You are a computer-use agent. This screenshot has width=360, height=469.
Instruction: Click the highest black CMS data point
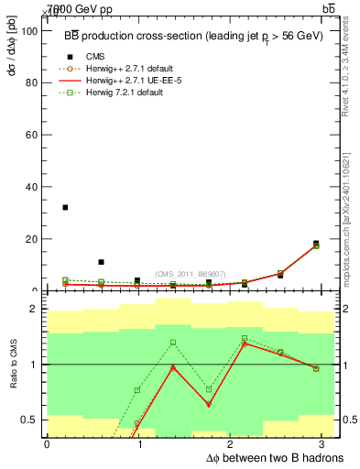pyautogui.click(x=65, y=207)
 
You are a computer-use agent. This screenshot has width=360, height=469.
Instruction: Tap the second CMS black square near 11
pyautogui.click(x=101, y=262)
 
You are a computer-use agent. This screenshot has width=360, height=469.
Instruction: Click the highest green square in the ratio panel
pyautogui.click(x=244, y=338)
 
